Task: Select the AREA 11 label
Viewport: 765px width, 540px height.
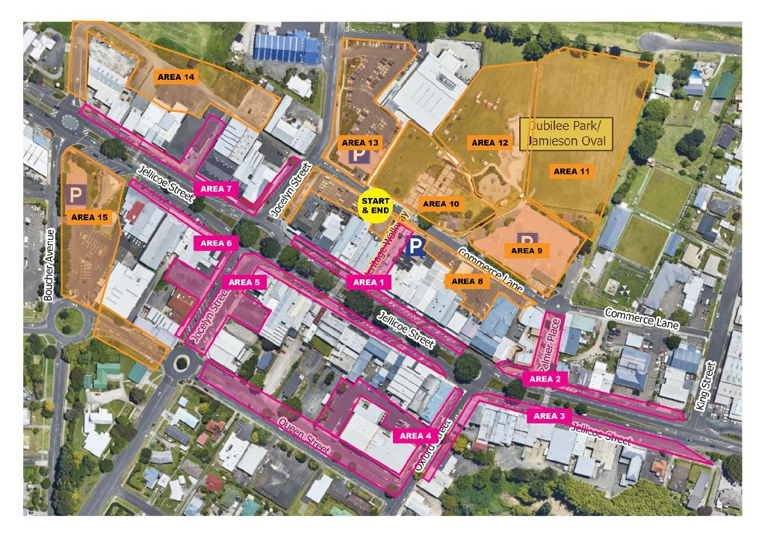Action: point(572,172)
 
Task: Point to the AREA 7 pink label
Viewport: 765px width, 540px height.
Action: point(217,189)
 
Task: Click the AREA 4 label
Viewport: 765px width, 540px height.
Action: point(416,435)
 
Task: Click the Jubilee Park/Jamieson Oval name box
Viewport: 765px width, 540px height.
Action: point(566,134)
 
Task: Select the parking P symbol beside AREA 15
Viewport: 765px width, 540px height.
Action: point(75,195)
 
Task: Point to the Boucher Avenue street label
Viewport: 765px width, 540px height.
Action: point(49,265)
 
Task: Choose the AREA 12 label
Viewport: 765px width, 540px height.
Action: point(489,143)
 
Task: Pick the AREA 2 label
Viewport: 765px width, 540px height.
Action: point(545,379)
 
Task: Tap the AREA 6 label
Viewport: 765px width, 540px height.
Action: point(217,243)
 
